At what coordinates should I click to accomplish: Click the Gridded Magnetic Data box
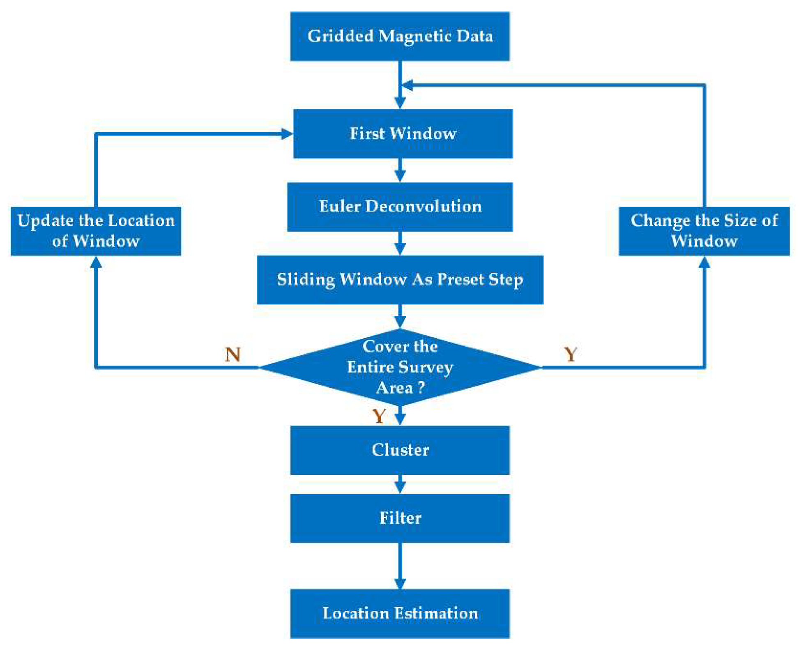tap(400, 36)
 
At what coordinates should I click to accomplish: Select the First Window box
tap(403, 133)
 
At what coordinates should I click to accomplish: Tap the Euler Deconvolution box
tap(400, 207)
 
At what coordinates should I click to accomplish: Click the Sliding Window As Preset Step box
tap(400, 280)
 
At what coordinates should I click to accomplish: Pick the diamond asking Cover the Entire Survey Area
tap(400, 367)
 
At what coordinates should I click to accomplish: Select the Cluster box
tap(400, 450)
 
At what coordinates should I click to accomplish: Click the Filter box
tap(400, 518)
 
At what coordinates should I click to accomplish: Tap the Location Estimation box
tap(400, 613)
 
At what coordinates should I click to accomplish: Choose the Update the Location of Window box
tap(96, 231)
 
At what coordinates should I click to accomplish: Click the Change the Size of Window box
tap(704, 231)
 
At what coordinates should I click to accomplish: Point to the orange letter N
tap(233, 354)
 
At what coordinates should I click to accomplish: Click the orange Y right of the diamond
tap(570, 354)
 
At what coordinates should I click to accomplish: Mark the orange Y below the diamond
tap(379, 416)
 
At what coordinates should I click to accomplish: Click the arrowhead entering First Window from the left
tap(286, 133)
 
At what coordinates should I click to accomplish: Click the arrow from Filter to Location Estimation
tap(400, 565)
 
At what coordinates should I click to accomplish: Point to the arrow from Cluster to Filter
tap(400, 484)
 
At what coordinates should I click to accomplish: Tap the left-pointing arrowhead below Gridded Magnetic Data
tap(408, 85)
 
